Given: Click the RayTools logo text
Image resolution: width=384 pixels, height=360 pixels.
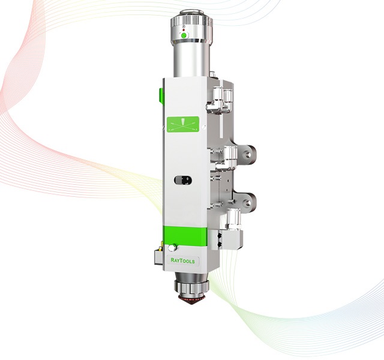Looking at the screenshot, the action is click(x=182, y=261).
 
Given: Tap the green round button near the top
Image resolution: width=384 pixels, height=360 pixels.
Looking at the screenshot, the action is click(x=184, y=36).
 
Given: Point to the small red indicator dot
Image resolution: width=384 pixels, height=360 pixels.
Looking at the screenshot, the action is click(x=184, y=29).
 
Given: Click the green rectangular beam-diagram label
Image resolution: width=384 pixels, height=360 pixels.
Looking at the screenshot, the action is click(x=182, y=125).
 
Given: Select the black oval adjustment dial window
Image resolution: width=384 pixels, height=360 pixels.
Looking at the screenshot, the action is click(x=182, y=181).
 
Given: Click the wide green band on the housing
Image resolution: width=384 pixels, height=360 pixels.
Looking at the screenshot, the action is click(x=185, y=235).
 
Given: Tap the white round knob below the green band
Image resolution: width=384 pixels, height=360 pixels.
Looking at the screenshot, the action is click(x=172, y=248).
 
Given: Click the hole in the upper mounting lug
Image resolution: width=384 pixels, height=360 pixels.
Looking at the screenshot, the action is click(x=248, y=155).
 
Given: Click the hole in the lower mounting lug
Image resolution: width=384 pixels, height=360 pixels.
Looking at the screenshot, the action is click(x=248, y=203).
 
